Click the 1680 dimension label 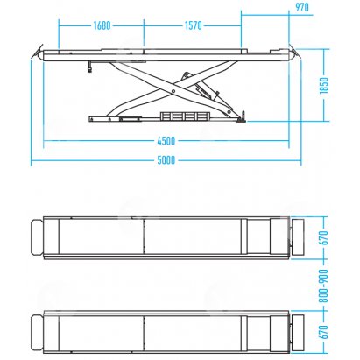click(x=102, y=25)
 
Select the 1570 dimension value click(x=193, y=25)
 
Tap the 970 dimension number click(x=301, y=7)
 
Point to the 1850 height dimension click(x=324, y=85)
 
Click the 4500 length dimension click(x=166, y=141)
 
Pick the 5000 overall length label click(x=166, y=160)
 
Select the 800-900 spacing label click(x=324, y=286)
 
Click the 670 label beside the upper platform click(x=324, y=237)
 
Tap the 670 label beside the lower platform click(x=324, y=332)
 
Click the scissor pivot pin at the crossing click(x=173, y=91)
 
